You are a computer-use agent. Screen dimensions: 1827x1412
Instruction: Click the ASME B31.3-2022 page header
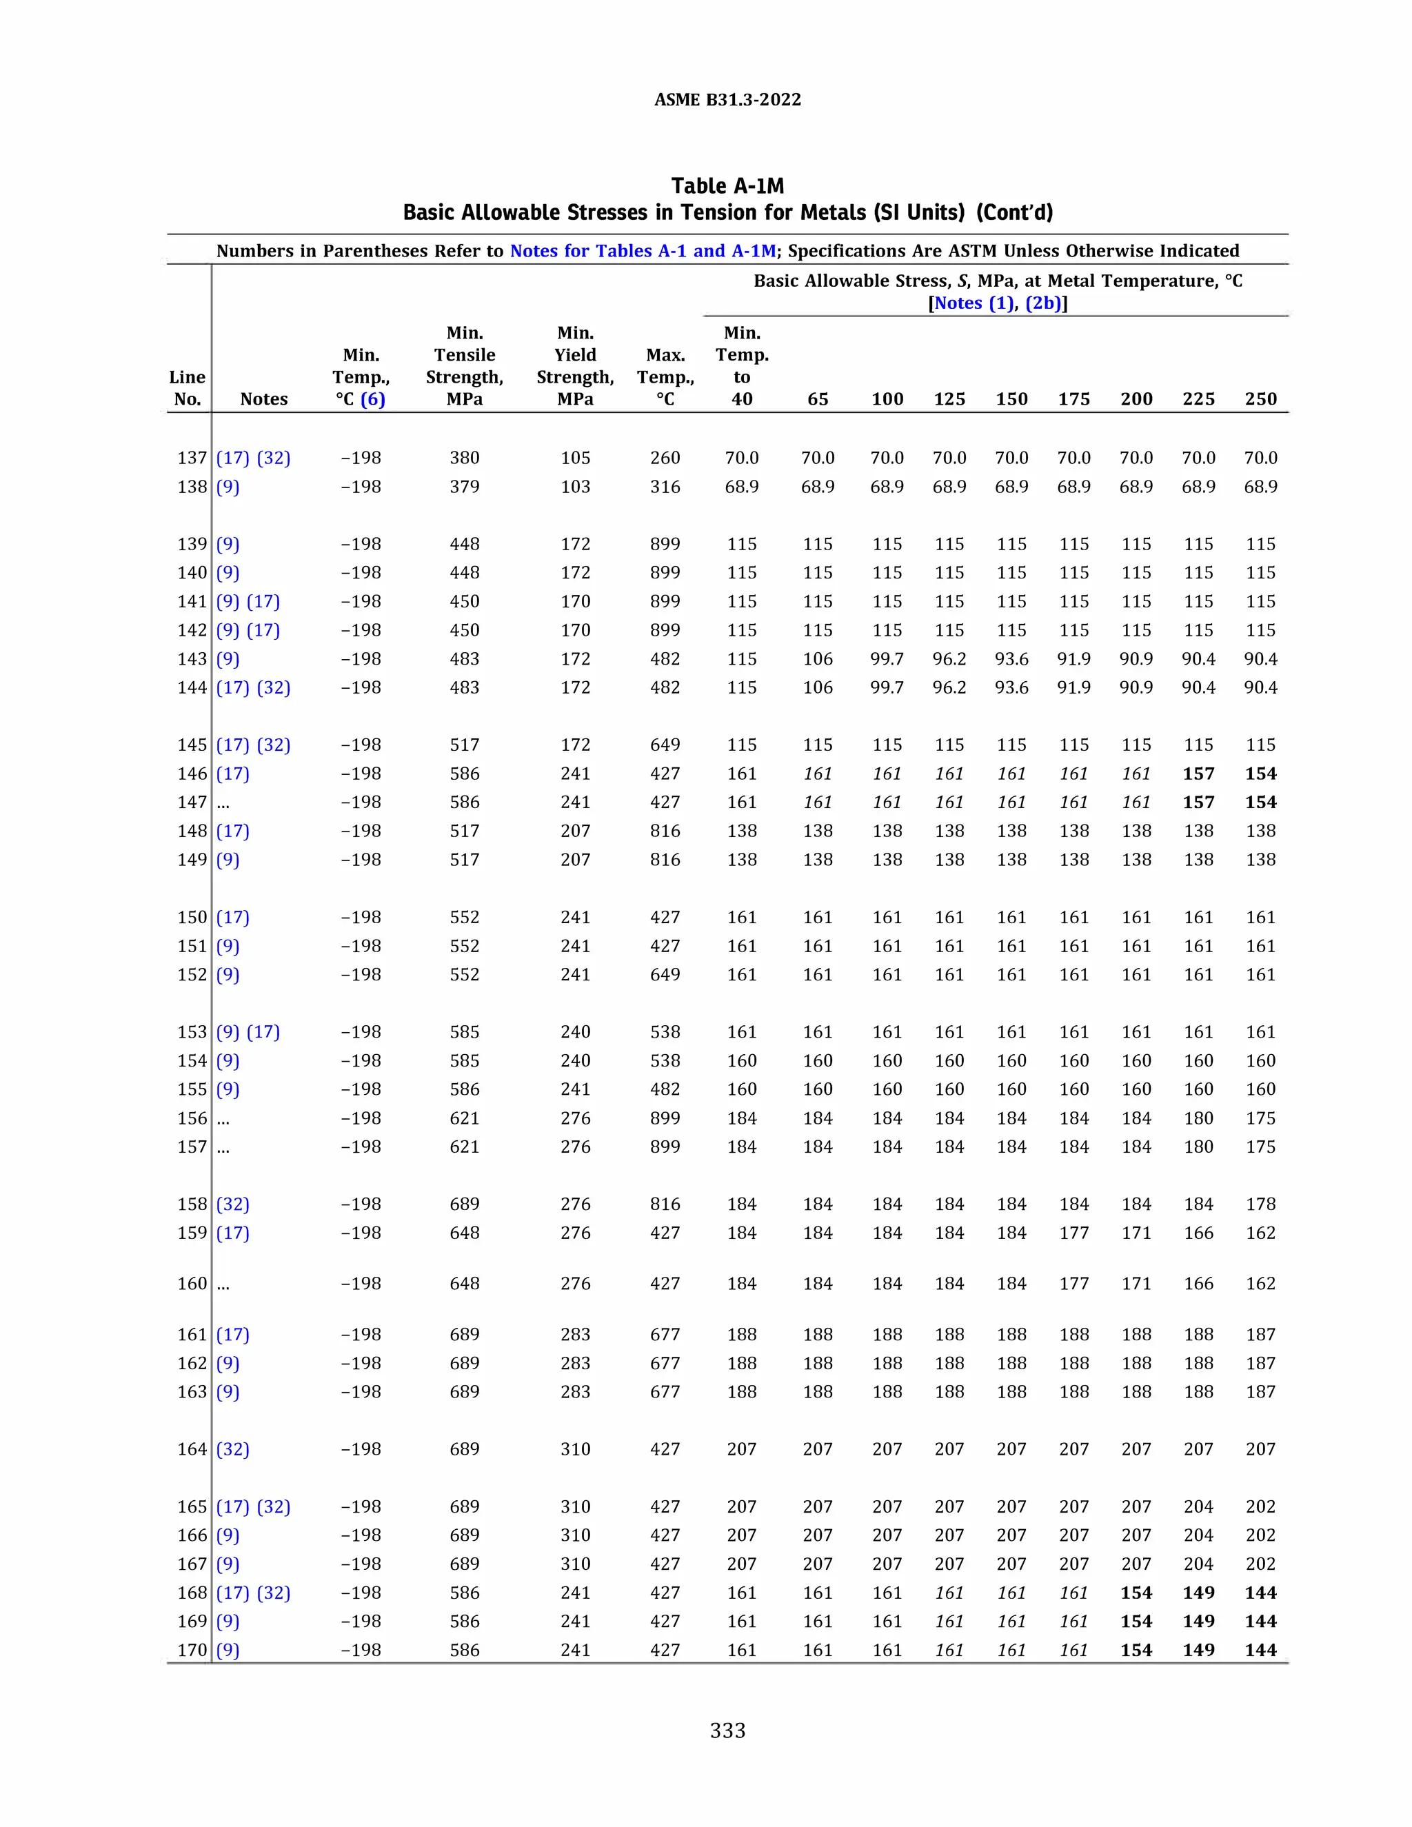(727, 99)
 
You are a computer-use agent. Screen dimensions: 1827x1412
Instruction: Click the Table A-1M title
(727, 185)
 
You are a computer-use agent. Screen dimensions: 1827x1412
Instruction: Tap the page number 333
(727, 1730)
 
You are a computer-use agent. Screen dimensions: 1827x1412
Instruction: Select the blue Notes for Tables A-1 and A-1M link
(643, 251)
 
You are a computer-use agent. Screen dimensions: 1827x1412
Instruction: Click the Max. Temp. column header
(665, 376)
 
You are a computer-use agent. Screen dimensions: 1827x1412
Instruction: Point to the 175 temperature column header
(1073, 399)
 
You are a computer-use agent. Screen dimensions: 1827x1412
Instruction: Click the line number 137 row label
(192, 458)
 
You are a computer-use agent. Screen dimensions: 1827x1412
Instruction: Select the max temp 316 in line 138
(665, 487)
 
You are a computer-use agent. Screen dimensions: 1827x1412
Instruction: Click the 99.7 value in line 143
(887, 659)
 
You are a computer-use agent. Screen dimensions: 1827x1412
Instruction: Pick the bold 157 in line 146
(1198, 774)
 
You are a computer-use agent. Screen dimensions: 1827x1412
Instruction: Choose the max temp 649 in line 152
(665, 975)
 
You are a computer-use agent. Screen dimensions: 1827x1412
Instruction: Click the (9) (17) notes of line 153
(248, 1032)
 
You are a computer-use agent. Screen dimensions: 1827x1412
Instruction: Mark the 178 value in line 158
(1260, 1204)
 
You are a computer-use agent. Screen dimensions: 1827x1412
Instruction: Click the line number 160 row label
(192, 1283)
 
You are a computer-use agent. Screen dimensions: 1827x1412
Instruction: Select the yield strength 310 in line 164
(575, 1449)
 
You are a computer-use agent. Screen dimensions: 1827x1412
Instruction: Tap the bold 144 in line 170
(1260, 1650)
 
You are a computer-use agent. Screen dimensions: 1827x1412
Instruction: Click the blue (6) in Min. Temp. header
(372, 399)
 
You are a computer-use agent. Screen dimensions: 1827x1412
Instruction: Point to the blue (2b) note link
(1043, 303)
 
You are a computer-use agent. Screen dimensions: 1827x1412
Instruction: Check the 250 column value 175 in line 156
(1260, 1118)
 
